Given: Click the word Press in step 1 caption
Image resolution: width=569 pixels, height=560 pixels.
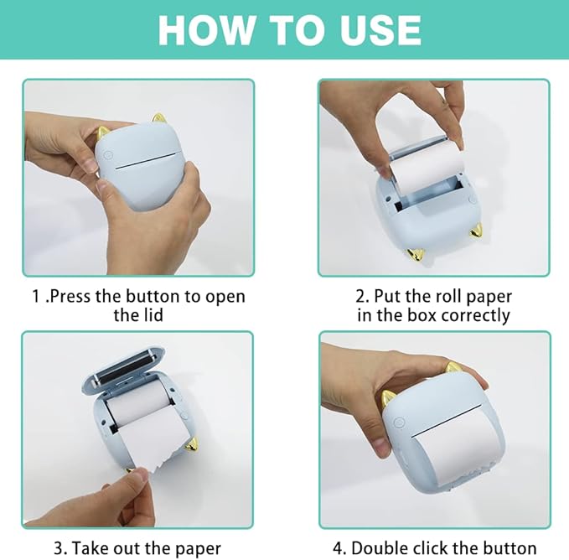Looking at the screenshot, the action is tap(70, 297).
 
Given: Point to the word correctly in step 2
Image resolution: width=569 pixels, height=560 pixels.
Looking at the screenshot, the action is tap(476, 315).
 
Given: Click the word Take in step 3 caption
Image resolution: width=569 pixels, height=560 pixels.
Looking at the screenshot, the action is tap(90, 548).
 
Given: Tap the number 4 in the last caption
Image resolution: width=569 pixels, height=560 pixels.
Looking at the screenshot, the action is tap(338, 548).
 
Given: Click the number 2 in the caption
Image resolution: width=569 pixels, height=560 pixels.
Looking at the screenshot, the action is tap(361, 297).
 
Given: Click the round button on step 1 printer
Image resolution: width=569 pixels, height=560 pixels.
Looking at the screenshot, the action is tap(108, 155).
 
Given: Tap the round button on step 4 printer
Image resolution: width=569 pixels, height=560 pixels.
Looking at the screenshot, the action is tap(399, 423).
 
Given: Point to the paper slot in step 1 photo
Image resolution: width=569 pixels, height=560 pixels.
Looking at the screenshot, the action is tap(146, 163).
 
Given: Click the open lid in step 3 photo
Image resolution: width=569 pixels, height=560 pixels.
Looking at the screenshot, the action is tap(123, 366).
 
